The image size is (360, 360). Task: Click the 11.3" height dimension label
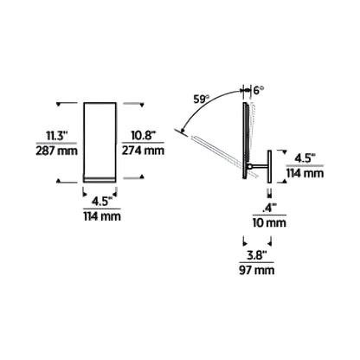tap(57, 136)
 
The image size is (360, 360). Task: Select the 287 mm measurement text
tap(57, 151)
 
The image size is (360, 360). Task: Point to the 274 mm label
tap(143, 151)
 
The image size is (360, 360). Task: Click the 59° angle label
tap(201, 100)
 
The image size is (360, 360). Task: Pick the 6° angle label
tap(259, 90)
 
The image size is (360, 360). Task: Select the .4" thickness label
tap(269, 208)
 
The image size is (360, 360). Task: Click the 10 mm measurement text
tap(269, 222)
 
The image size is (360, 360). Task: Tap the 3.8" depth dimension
tap(256, 255)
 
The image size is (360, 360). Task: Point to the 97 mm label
tap(256, 270)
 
